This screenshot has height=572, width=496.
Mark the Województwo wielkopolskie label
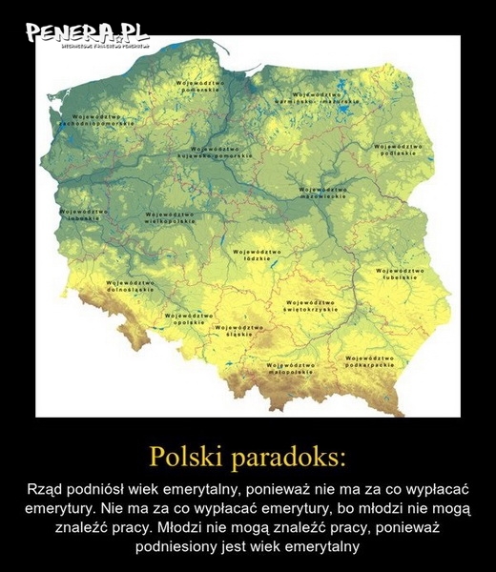[x=171, y=217]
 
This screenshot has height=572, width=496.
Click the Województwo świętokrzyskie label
[x=311, y=307]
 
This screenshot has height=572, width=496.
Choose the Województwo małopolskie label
[x=291, y=368]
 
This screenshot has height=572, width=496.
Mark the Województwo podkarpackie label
[x=370, y=361]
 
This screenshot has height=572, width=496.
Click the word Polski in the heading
[x=190, y=456]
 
